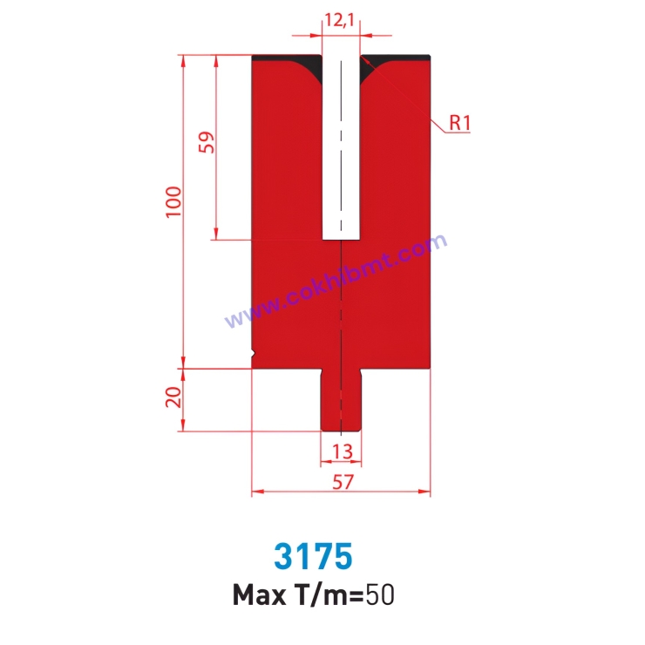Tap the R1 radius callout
pos(460,123)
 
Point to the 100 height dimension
pos(177,202)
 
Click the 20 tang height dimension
pos(174,397)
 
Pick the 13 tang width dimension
pos(342,451)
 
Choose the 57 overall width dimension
pos(342,480)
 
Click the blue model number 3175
pos(313,555)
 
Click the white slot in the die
pos(342,148)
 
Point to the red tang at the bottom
pos(342,401)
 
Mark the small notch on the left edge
pos(254,353)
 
